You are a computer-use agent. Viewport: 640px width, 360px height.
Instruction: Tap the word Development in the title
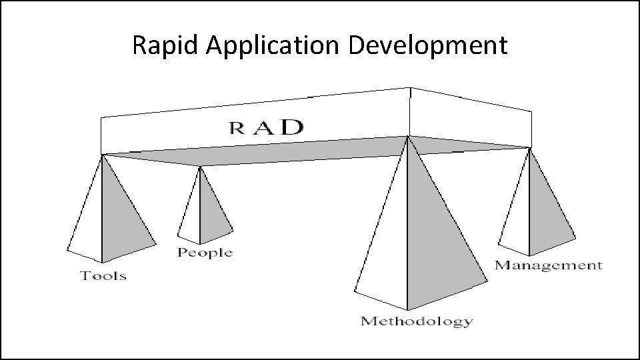click(428, 45)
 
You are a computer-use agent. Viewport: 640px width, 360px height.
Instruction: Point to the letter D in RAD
click(291, 127)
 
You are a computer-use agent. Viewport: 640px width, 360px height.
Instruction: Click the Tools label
click(103, 275)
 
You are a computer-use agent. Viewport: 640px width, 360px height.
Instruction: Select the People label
click(205, 253)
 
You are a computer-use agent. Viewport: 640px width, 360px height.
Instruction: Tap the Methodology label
click(417, 321)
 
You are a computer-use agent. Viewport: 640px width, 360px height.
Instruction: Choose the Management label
click(548, 265)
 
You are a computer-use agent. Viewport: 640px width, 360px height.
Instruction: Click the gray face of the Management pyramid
click(548, 213)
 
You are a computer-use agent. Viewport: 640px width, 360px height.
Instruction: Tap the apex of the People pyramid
click(200, 167)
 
